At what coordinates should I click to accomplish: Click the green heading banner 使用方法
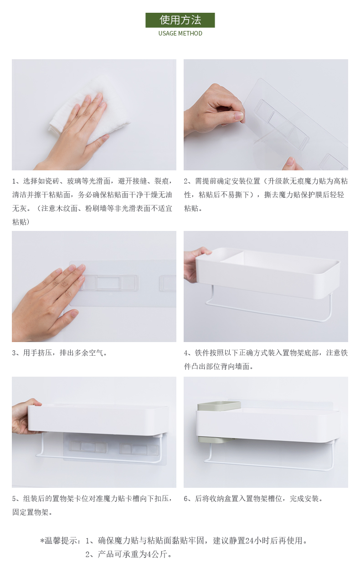click(x=180, y=20)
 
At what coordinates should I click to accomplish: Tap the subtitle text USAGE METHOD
click(x=180, y=34)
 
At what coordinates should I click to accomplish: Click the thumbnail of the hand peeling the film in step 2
click(x=266, y=115)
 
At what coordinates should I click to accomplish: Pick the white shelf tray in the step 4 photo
click(x=268, y=272)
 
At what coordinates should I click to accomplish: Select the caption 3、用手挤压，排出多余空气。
click(x=60, y=353)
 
